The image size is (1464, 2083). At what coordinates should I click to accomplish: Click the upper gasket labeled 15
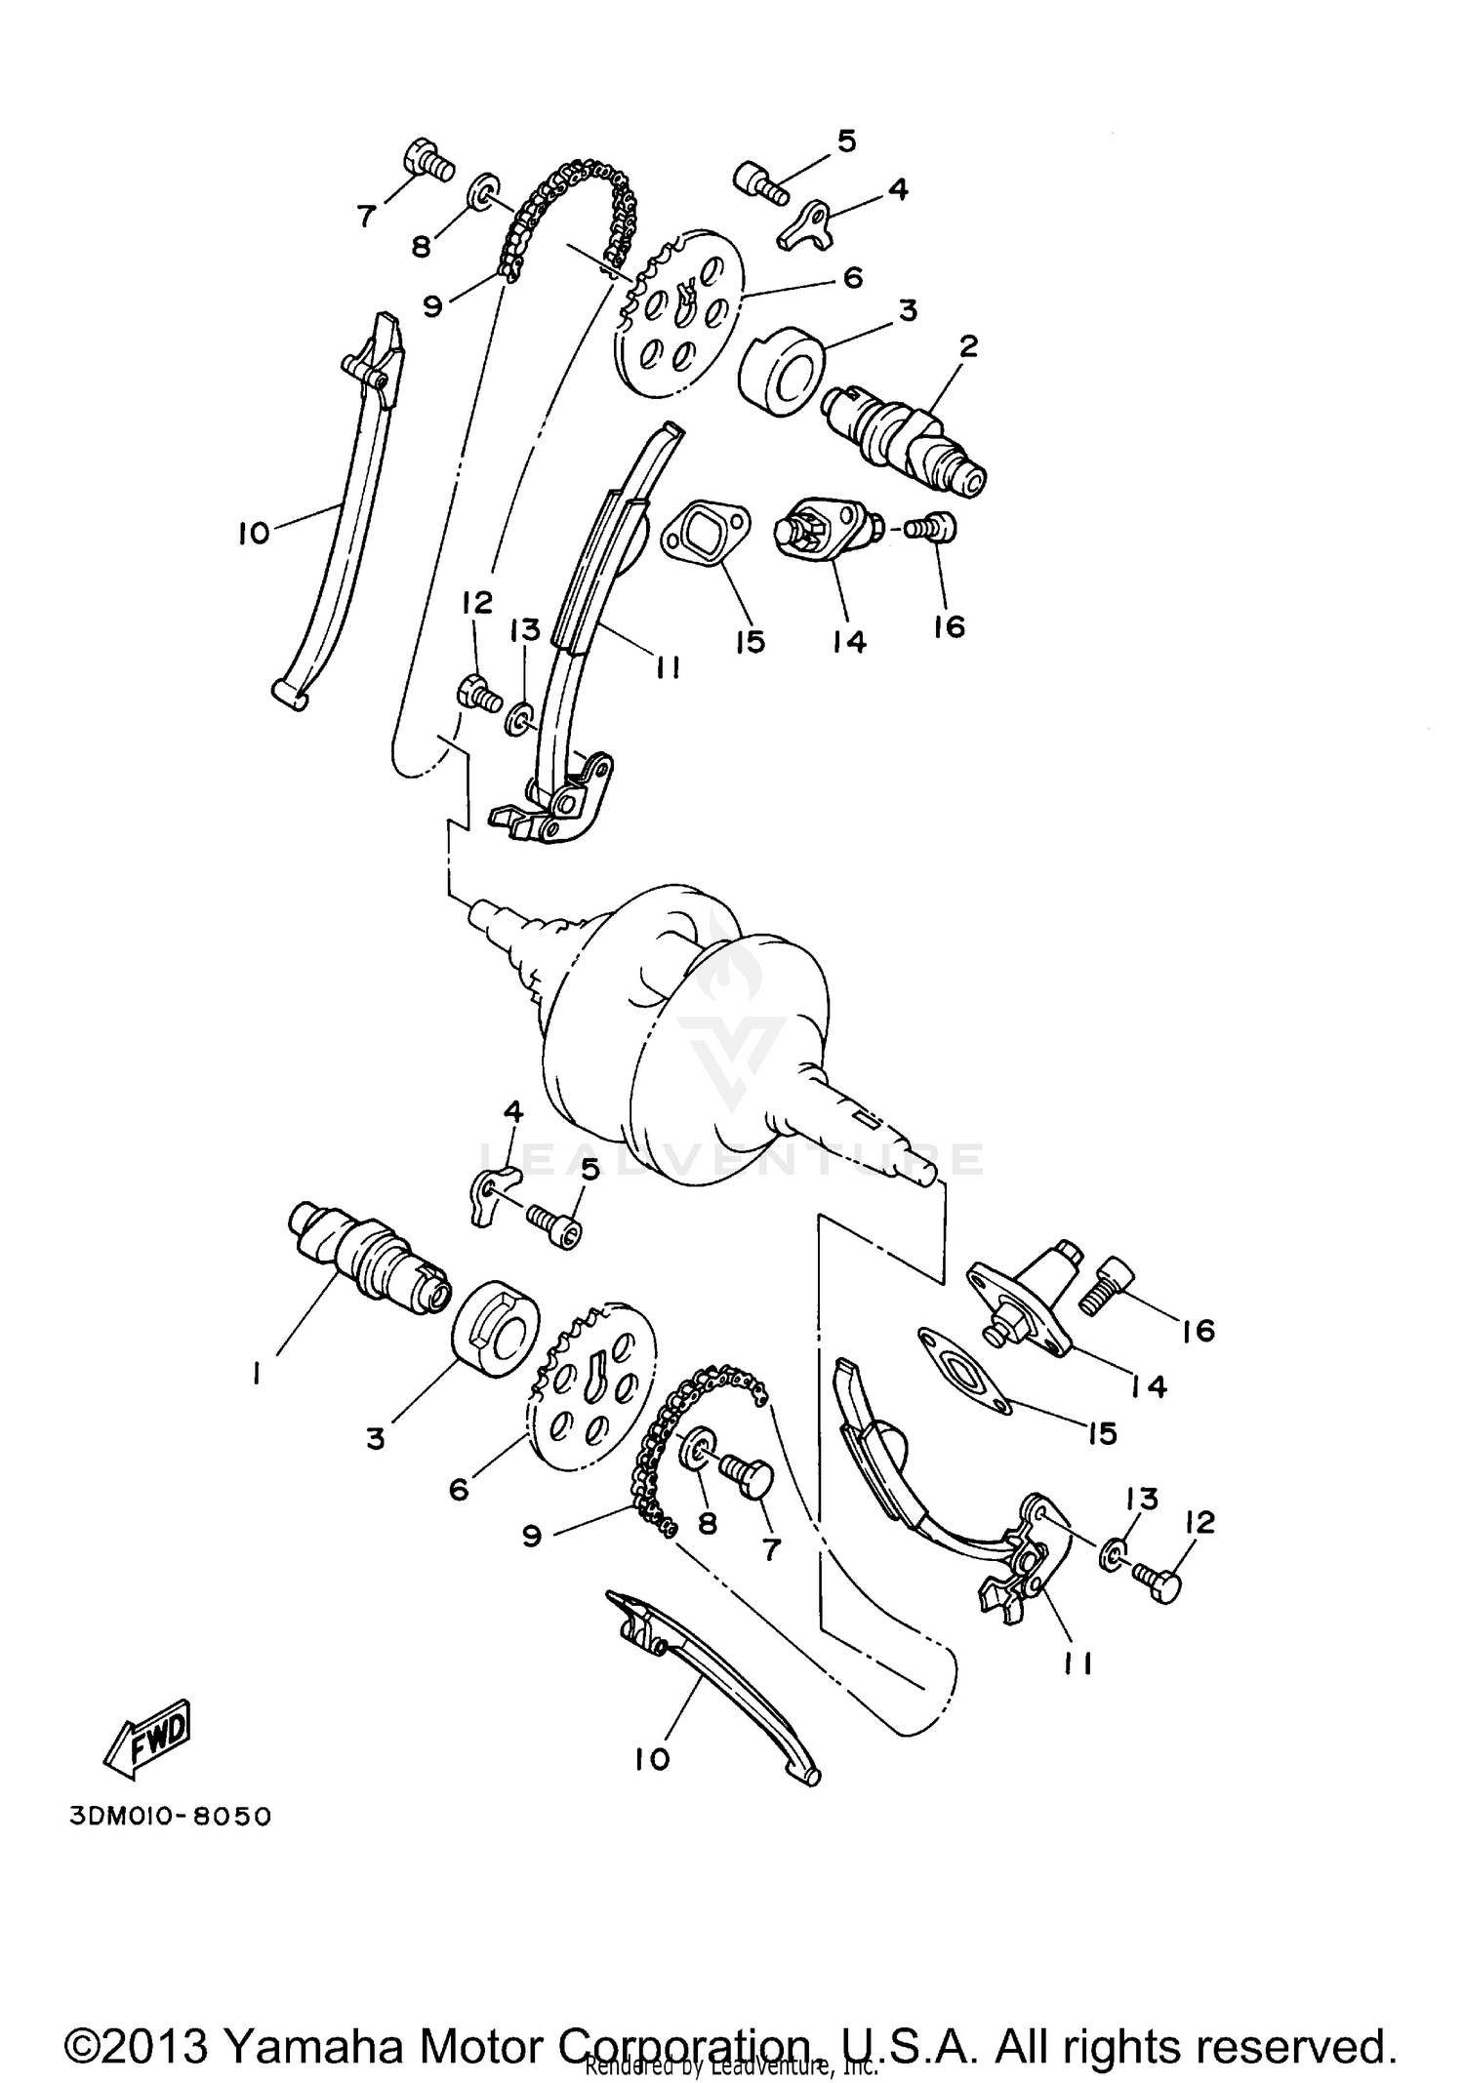click(706, 535)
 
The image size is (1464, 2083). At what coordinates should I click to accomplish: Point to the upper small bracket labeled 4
click(806, 223)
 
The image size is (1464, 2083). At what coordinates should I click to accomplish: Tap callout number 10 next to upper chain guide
click(253, 533)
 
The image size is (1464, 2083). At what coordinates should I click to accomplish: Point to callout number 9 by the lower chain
click(531, 1537)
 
